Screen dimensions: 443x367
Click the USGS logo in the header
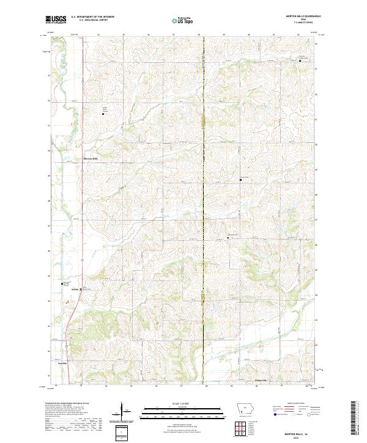click(56, 20)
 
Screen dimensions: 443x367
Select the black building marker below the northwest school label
click(103, 114)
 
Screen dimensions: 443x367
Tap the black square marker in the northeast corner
click(300, 61)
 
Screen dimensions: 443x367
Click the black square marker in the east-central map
click(240, 180)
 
